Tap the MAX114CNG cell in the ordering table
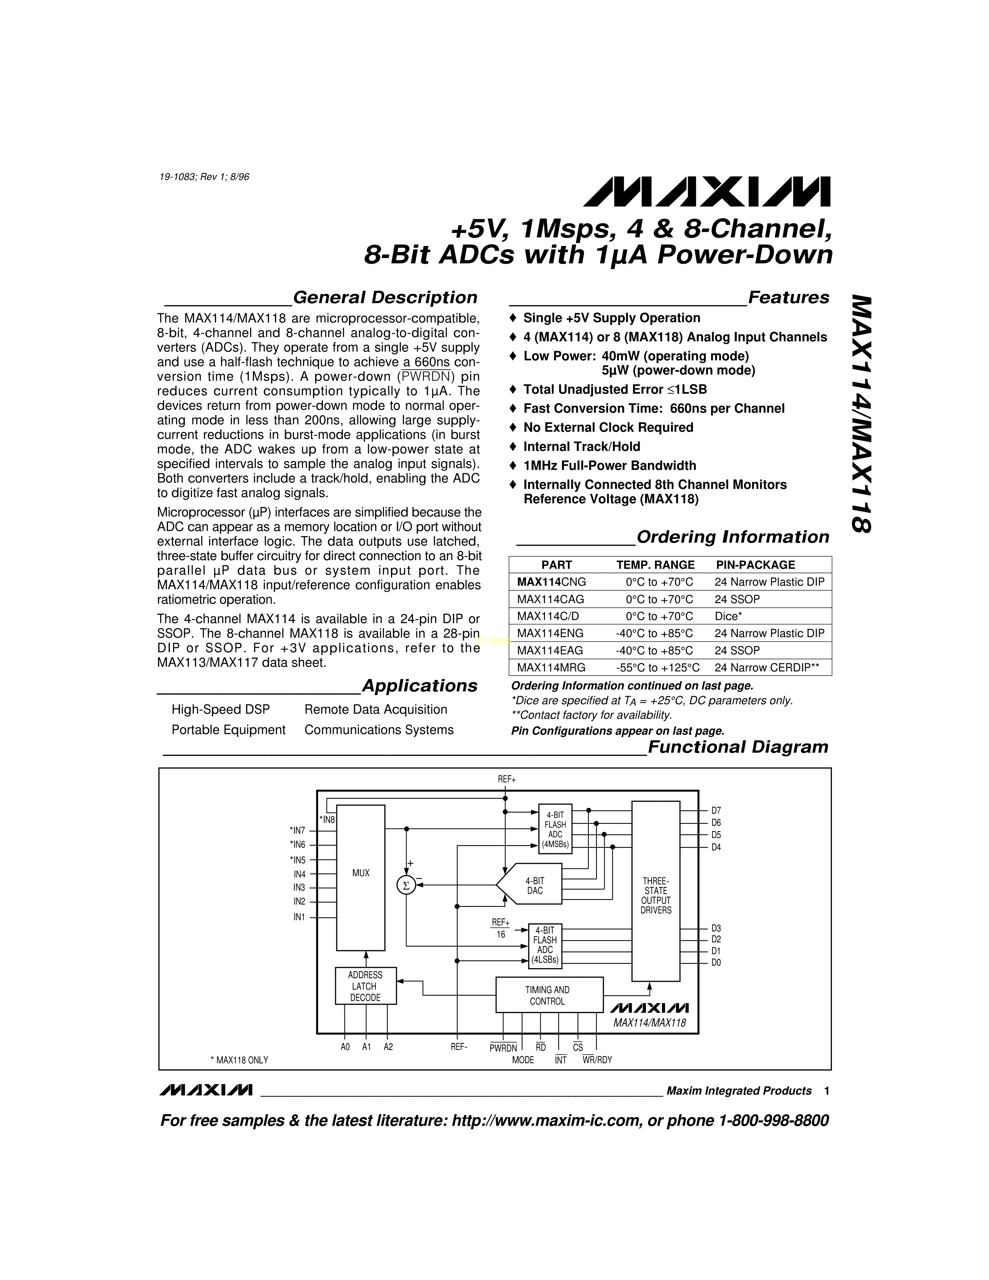[552, 582]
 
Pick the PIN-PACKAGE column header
[755, 565]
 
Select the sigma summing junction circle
[405, 885]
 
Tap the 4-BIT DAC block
[529, 886]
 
